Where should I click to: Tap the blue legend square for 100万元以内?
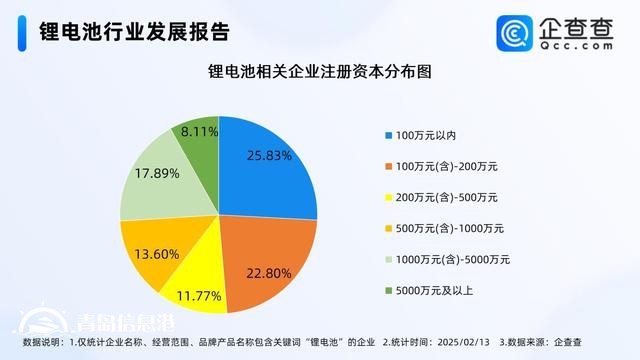click(388, 135)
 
